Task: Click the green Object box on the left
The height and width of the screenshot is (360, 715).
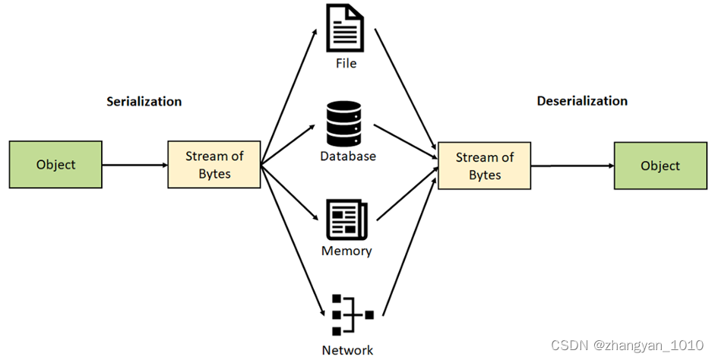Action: [x=55, y=164]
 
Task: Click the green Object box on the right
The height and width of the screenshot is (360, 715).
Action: [x=660, y=166]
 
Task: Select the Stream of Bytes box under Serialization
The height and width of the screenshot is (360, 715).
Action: [x=214, y=165]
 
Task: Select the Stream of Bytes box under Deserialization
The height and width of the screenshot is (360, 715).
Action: [x=484, y=166]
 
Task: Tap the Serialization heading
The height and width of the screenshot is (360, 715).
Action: [x=144, y=102]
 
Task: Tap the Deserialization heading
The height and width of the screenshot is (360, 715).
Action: [x=582, y=101]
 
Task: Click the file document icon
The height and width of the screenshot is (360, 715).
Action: [x=346, y=29]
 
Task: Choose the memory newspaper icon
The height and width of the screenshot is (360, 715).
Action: [x=346, y=220]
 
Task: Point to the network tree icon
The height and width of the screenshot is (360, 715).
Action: [x=346, y=313]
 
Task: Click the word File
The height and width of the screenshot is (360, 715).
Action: [x=346, y=63]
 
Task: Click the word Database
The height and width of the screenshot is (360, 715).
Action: [x=347, y=156]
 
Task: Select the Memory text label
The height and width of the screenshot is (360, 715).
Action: [x=346, y=251]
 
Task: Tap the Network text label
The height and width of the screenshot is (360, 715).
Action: [x=347, y=350]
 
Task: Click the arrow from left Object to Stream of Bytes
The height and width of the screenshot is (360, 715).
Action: [x=134, y=165]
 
